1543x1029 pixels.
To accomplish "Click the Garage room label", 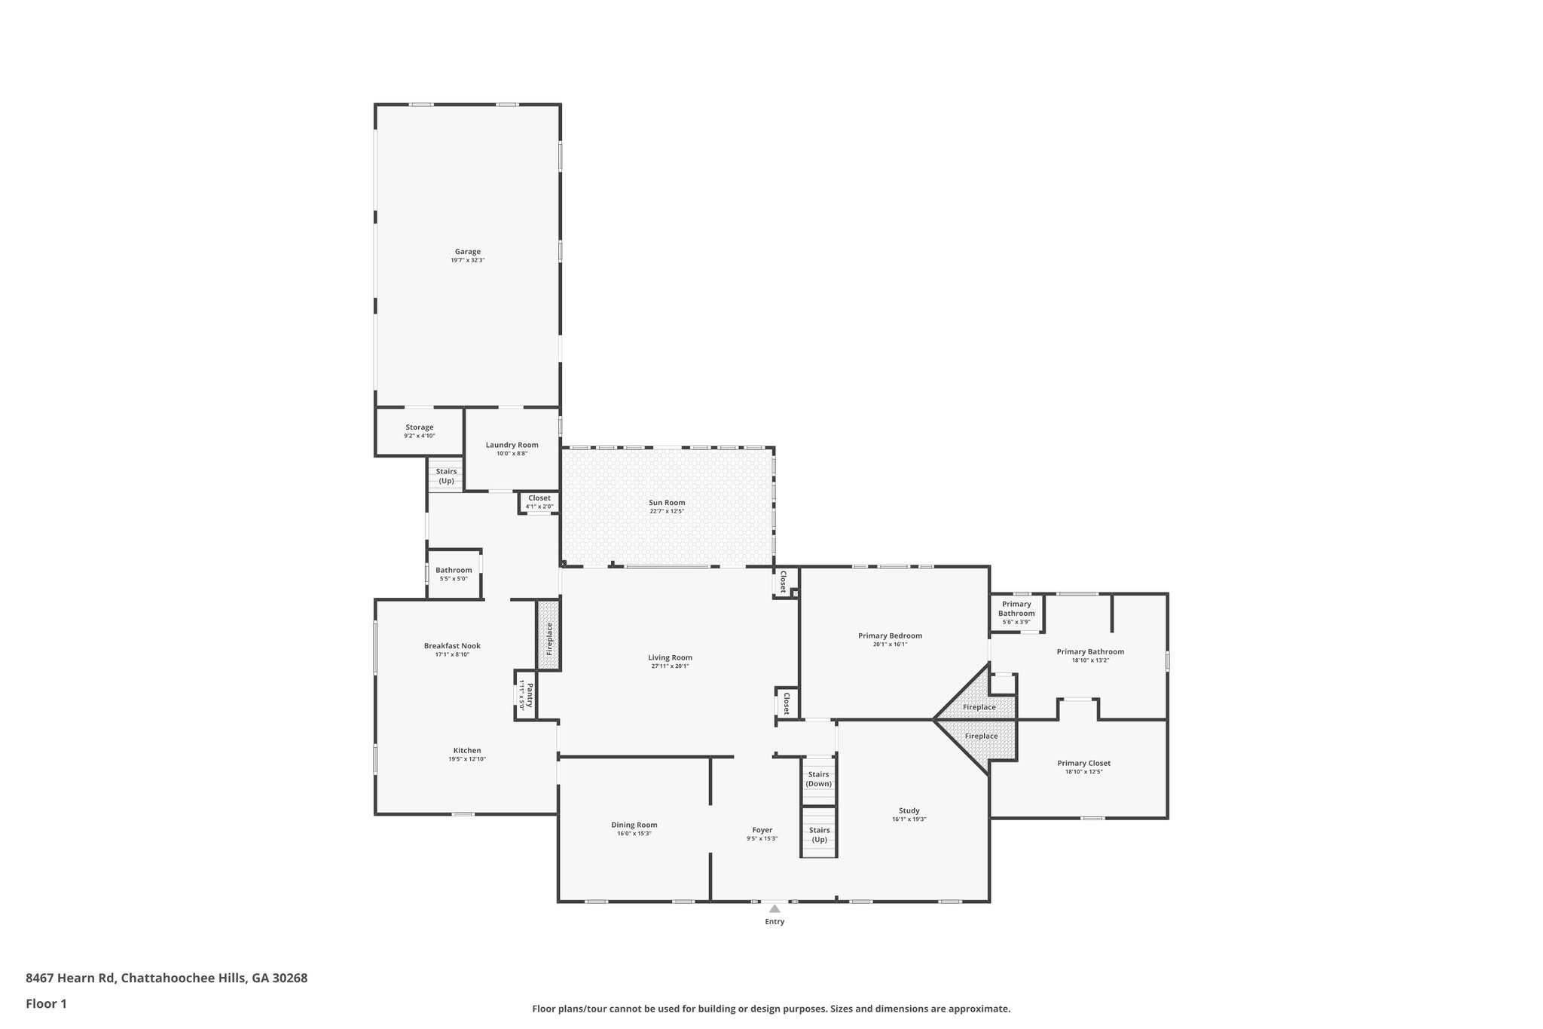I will pyautogui.click(x=467, y=252).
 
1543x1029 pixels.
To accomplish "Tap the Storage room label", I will pyautogui.click(x=420, y=427).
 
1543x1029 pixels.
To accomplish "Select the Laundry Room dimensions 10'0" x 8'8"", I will pyautogui.click(x=512, y=454).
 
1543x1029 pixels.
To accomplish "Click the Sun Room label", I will pyautogui.click(x=667, y=503).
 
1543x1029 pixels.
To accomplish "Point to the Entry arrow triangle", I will pyautogui.click(x=775, y=908).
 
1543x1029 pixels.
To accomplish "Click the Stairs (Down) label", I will pyautogui.click(x=818, y=779).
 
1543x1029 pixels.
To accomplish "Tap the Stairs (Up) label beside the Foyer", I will pyautogui.click(x=819, y=835).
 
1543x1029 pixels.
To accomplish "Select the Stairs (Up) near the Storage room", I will pyautogui.click(x=446, y=476).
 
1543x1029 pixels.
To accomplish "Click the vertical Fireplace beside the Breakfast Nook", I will pyautogui.click(x=549, y=636).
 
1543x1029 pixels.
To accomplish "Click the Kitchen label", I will pyautogui.click(x=466, y=751).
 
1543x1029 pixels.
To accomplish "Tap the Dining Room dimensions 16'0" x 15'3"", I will pyautogui.click(x=635, y=834).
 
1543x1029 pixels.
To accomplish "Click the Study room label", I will pyautogui.click(x=909, y=811).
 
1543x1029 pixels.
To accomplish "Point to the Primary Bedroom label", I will pyautogui.click(x=890, y=635).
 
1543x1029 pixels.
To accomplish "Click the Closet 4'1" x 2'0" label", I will pyautogui.click(x=539, y=498).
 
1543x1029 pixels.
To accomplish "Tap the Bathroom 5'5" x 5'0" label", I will pyautogui.click(x=454, y=570).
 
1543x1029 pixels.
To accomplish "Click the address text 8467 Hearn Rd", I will pyautogui.click(x=72, y=978).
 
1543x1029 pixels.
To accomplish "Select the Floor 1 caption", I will pyautogui.click(x=46, y=1003).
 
